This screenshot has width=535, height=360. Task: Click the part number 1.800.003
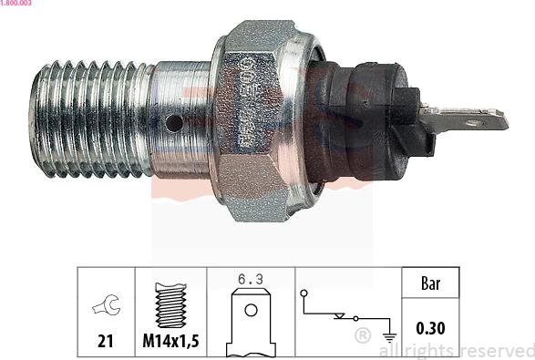[16, 5]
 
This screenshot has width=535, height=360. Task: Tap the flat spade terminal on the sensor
[470, 118]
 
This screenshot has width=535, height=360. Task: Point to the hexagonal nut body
[255, 118]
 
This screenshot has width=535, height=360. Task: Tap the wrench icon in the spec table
[107, 307]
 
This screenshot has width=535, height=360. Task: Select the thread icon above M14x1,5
[170, 304]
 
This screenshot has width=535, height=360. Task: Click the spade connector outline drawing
[251, 324]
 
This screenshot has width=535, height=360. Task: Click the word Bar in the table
[430, 283]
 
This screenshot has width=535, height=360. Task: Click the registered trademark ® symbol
[362, 336]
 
